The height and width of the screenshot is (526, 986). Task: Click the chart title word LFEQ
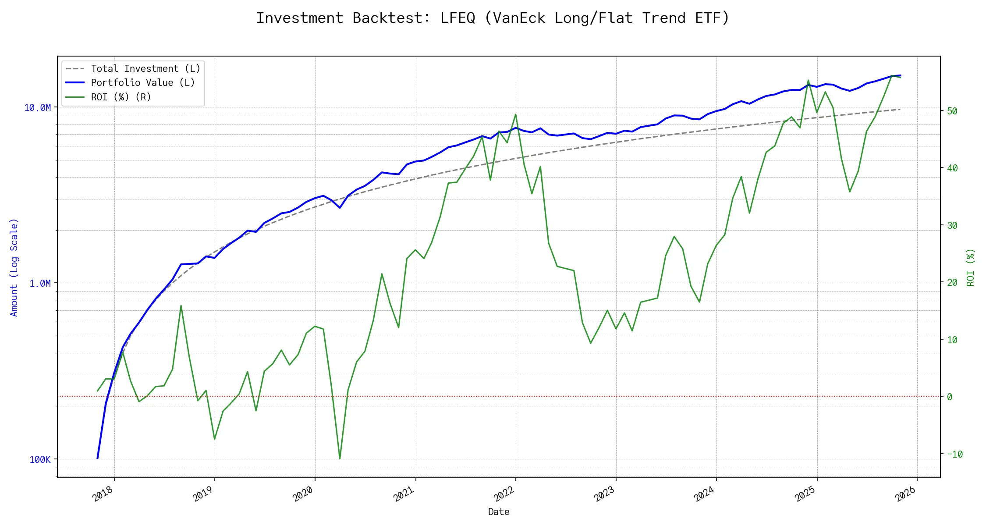click(x=458, y=18)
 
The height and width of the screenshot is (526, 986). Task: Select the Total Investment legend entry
click(x=145, y=69)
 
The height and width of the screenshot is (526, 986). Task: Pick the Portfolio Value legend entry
click(x=143, y=83)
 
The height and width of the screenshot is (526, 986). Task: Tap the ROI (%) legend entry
click(x=121, y=97)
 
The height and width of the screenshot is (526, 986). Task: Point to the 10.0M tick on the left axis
click(x=37, y=108)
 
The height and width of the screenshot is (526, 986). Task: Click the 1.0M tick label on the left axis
click(x=40, y=284)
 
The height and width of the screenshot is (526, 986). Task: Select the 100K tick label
click(x=40, y=459)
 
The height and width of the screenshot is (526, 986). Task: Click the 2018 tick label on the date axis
click(x=103, y=494)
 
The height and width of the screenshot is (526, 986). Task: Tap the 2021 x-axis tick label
click(x=404, y=494)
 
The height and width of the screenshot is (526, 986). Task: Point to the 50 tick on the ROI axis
click(x=952, y=111)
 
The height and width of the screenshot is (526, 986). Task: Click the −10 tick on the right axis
click(x=954, y=454)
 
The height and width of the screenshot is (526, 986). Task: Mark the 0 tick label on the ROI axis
click(x=950, y=397)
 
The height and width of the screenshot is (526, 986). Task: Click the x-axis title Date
click(x=499, y=512)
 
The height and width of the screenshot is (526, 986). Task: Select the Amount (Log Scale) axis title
click(x=14, y=267)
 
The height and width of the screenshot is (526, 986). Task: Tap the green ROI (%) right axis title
click(x=970, y=267)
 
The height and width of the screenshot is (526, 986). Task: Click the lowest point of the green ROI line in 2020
click(x=340, y=459)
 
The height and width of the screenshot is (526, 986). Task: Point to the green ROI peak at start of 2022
click(x=516, y=114)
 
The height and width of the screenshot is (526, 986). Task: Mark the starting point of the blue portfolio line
click(x=97, y=458)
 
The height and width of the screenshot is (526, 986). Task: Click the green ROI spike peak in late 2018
click(x=181, y=306)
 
